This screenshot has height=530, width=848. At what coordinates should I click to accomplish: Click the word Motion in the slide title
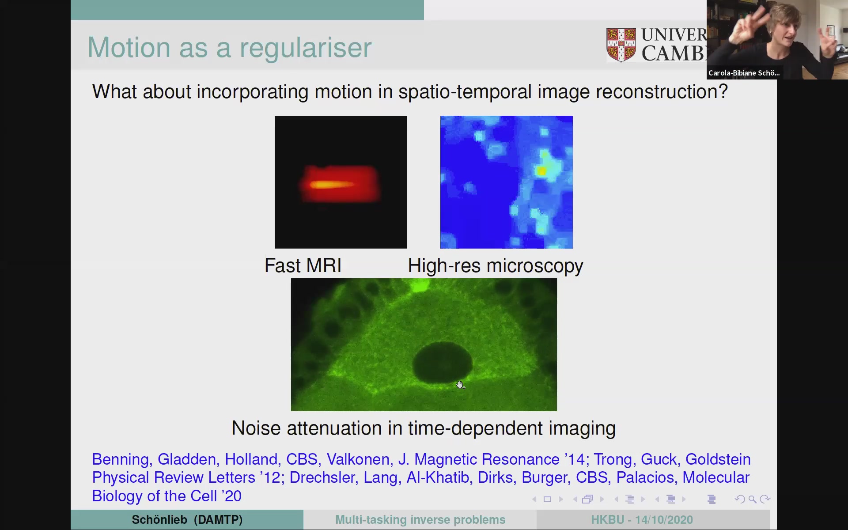129,47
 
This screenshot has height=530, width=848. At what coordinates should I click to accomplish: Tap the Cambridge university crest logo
621,45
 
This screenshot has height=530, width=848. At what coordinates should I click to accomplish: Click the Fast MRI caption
303,265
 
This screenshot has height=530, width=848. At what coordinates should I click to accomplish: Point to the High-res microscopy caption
496,266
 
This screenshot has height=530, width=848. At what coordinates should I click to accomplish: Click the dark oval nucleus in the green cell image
442,363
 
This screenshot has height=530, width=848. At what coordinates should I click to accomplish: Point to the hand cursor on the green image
460,385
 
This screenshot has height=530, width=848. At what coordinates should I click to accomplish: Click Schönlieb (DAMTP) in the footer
187,520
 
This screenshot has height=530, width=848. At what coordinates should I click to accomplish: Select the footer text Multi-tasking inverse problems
420,520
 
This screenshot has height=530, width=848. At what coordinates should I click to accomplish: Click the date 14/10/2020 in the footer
664,520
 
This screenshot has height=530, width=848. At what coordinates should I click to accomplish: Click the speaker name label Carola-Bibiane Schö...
744,73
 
